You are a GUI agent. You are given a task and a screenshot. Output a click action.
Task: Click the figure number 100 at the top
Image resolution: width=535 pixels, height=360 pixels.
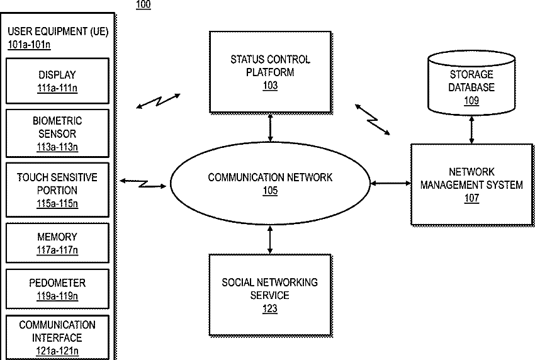coord(144,4)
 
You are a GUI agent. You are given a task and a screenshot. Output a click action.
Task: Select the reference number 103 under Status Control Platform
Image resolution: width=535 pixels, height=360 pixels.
coord(270,86)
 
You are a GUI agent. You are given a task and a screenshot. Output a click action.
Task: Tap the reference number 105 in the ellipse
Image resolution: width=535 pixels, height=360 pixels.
coord(270,191)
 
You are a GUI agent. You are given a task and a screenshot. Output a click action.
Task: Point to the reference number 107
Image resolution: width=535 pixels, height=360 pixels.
coord(471,198)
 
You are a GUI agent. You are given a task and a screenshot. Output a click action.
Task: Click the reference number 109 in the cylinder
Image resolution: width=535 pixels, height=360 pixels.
coord(471,101)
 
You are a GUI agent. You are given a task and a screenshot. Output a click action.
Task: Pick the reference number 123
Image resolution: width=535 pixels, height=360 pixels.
coord(270,308)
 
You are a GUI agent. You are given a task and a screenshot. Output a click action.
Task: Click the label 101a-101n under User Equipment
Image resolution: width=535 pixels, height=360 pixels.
coord(30,45)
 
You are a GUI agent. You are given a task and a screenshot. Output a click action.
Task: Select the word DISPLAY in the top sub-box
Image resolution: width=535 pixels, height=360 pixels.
coord(57,75)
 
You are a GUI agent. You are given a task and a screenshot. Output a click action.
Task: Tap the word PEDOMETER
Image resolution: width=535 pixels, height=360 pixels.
coord(57,283)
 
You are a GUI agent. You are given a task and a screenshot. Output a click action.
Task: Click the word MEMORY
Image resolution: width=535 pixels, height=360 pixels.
coord(57,237)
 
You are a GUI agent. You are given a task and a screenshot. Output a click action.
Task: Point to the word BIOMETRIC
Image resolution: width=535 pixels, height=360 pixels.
coord(57,121)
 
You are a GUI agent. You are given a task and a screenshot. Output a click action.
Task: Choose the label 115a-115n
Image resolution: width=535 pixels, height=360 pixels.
coord(57,204)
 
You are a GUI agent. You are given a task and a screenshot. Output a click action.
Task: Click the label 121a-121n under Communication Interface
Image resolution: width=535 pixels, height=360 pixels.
coord(57,351)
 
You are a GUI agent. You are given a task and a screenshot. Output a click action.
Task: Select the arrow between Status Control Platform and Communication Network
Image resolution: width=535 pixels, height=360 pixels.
coord(270,128)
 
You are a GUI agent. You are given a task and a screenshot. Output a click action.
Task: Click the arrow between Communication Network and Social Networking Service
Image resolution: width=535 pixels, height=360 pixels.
coord(270,240)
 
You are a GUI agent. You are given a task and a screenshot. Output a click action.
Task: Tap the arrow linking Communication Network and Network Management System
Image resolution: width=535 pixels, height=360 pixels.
coord(391,183)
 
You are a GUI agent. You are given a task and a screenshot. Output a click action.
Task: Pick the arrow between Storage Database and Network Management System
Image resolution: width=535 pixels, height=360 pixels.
coord(471,130)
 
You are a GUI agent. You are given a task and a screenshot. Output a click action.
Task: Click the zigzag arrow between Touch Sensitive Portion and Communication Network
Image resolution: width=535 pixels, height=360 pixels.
coord(143,184)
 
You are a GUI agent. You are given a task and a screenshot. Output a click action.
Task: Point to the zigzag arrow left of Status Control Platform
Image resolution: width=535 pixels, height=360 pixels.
coord(158,101)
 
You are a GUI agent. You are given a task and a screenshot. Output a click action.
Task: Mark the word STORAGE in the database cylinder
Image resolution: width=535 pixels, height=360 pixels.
coord(471,74)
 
